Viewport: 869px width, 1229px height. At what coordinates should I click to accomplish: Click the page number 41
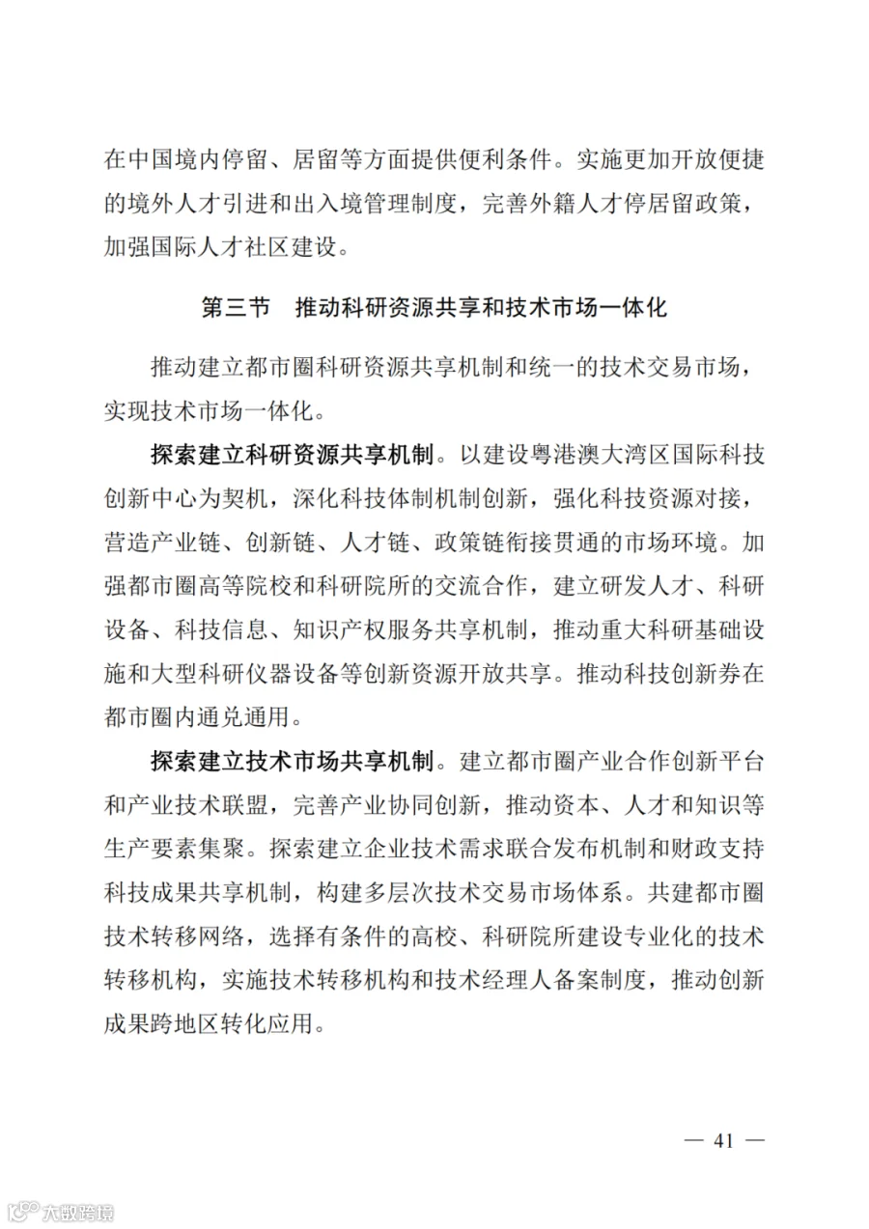724,1141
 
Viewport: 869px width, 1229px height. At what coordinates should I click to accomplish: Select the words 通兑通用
246,717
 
